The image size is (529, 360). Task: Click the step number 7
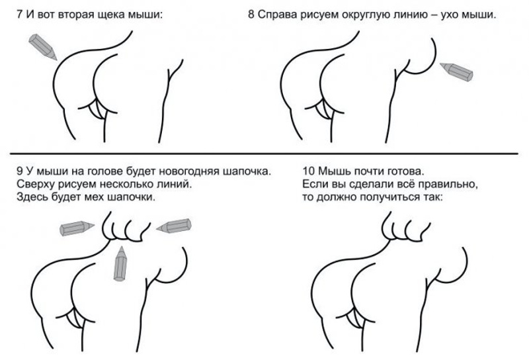coord(19,15)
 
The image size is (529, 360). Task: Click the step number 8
coord(251,15)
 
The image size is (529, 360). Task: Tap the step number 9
coord(19,171)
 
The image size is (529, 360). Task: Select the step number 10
coord(308,171)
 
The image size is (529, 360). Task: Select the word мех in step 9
coord(95,198)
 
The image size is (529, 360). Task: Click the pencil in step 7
coord(42,47)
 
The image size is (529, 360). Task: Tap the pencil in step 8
coord(456,71)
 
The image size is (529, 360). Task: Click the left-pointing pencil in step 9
coord(174,226)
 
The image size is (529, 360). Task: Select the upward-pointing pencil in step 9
coord(120,264)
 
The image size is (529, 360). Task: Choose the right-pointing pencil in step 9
coord(77,228)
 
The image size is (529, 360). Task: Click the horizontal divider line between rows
coord(264,154)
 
